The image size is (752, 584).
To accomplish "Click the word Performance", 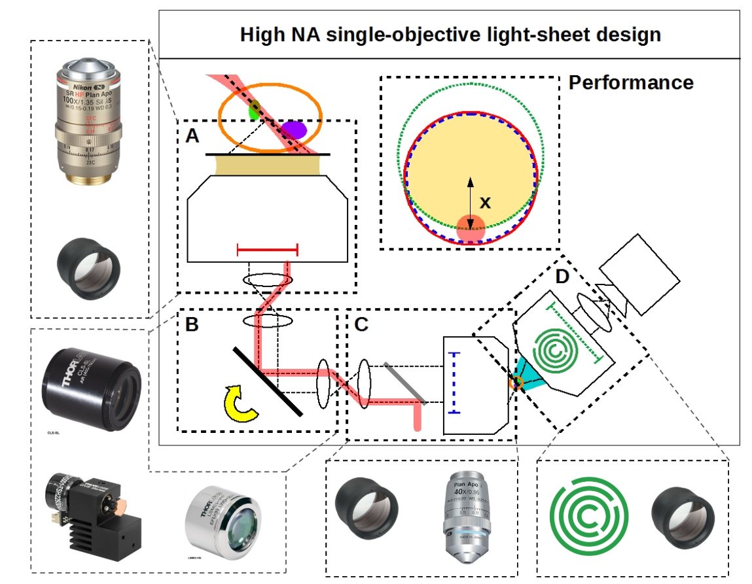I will (x=631, y=83).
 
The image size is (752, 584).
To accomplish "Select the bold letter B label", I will (x=192, y=325).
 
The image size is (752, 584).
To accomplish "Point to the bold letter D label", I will (x=562, y=277).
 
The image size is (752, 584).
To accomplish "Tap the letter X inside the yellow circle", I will (x=485, y=203).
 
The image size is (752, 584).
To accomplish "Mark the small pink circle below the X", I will (x=470, y=228).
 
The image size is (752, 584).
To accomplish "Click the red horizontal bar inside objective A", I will (x=267, y=249).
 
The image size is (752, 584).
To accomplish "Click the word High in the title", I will (x=261, y=35).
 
